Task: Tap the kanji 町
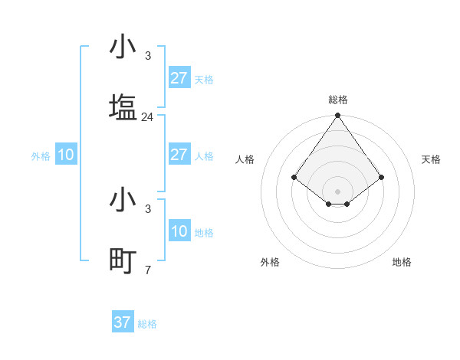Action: click(x=123, y=261)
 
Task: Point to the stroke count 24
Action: click(x=148, y=117)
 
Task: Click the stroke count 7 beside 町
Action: click(x=148, y=270)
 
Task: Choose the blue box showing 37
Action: click(x=123, y=322)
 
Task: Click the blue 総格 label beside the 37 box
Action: click(x=147, y=324)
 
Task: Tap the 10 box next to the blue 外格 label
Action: click(x=66, y=155)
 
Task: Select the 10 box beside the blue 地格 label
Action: click(x=179, y=231)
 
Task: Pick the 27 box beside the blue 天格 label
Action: click(x=179, y=78)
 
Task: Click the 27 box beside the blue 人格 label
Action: click(x=179, y=155)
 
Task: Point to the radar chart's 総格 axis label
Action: click(x=338, y=100)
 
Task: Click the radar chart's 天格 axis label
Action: click(x=432, y=159)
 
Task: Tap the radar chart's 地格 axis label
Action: click(x=402, y=262)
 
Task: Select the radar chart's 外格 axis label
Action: click(x=270, y=262)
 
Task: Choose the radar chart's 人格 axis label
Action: click(x=245, y=159)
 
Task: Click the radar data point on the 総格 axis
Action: click(x=338, y=116)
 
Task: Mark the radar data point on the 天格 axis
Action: click(x=382, y=177)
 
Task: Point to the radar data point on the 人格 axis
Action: click(x=294, y=177)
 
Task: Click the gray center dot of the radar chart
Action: click(x=338, y=191)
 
